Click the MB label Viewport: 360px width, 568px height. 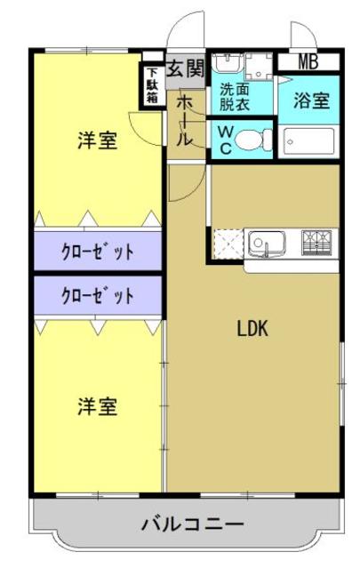pyautogui.click(x=308, y=62)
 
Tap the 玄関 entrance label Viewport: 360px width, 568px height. pyautogui.click(x=187, y=68)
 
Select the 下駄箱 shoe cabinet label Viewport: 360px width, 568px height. pyautogui.click(x=153, y=86)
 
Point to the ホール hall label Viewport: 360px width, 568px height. pyautogui.click(x=183, y=122)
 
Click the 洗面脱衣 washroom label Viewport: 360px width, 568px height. pyautogui.click(x=236, y=96)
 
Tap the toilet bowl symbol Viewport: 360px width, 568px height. pyautogui.click(x=252, y=139)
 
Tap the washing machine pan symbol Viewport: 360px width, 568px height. pyautogui.click(x=260, y=65)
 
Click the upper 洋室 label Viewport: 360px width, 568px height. pyautogui.click(x=97, y=140)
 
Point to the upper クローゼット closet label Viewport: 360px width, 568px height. pyautogui.click(x=98, y=251)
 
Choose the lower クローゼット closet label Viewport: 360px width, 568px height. pyautogui.click(x=98, y=294)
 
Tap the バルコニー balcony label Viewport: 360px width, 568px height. pyautogui.click(x=192, y=524)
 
